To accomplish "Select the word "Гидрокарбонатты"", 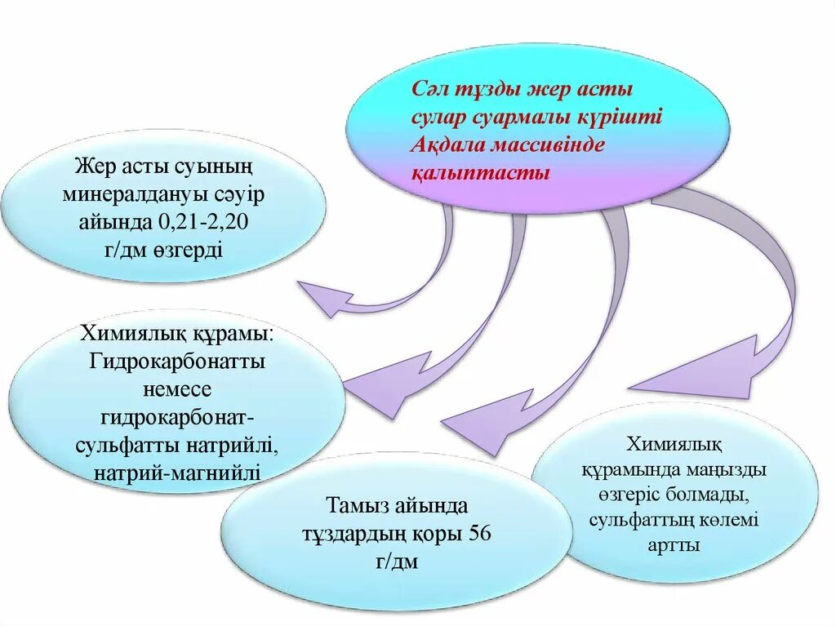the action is (x=177, y=361).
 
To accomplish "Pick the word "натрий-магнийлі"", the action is (x=177, y=472).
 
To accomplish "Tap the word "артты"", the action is (x=674, y=544).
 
